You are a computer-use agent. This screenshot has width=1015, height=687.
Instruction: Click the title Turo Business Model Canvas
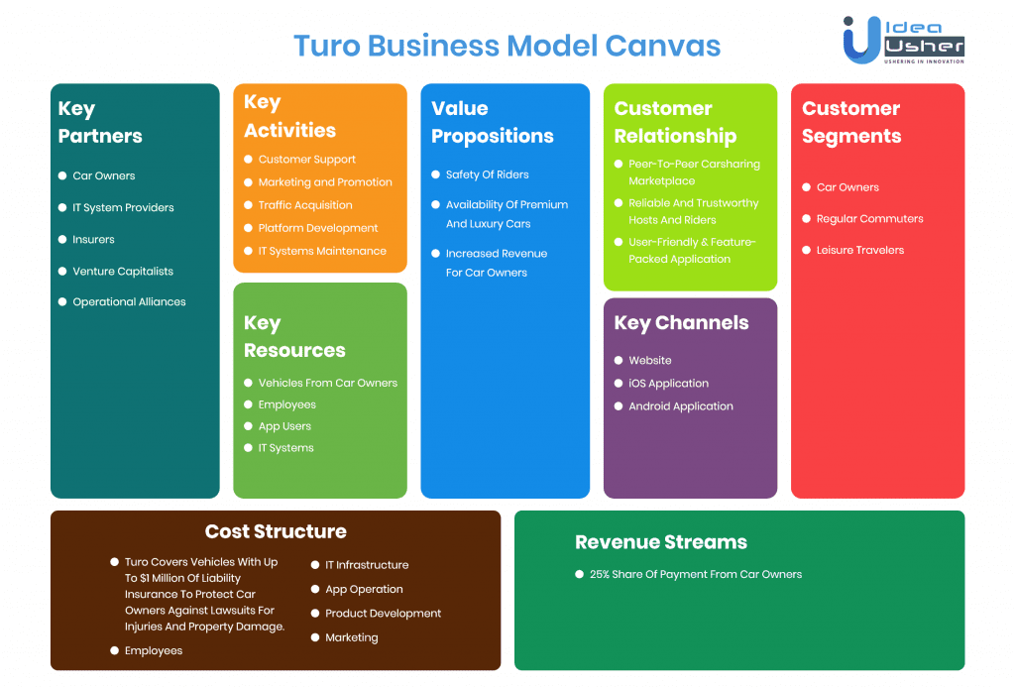click(x=507, y=46)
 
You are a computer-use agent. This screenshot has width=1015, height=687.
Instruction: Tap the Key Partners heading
click(x=100, y=122)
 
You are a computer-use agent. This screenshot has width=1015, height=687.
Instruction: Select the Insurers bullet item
click(x=93, y=239)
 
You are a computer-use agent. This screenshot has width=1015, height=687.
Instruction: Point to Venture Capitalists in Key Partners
click(x=123, y=271)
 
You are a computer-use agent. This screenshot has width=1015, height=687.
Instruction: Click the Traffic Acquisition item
click(x=305, y=205)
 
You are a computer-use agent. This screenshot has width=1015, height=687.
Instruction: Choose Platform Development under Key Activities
click(x=318, y=228)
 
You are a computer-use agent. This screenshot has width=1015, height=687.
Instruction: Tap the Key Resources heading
click(x=294, y=336)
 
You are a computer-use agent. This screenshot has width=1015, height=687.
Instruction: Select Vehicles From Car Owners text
click(x=328, y=383)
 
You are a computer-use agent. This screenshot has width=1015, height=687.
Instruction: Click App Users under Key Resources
click(x=284, y=426)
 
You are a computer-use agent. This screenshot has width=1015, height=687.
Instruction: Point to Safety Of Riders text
click(x=488, y=174)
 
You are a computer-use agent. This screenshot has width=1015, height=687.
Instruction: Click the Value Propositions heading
click(x=492, y=122)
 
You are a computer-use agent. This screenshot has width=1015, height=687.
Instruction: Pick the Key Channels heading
click(x=681, y=322)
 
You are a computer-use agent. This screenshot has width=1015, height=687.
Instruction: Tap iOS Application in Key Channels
click(x=668, y=384)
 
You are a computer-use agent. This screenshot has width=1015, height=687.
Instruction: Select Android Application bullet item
click(x=681, y=406)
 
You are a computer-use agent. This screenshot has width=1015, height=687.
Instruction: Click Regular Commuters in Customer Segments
click(x=869, y=219)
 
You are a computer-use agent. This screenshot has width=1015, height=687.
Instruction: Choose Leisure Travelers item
click(x=860, y=250)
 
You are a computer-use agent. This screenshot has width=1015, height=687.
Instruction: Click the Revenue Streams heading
click(x=661, y=542)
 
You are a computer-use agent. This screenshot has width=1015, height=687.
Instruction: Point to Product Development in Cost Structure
click(x=384, y=614)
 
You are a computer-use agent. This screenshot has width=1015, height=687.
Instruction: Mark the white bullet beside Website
click(x=619, y=361)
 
